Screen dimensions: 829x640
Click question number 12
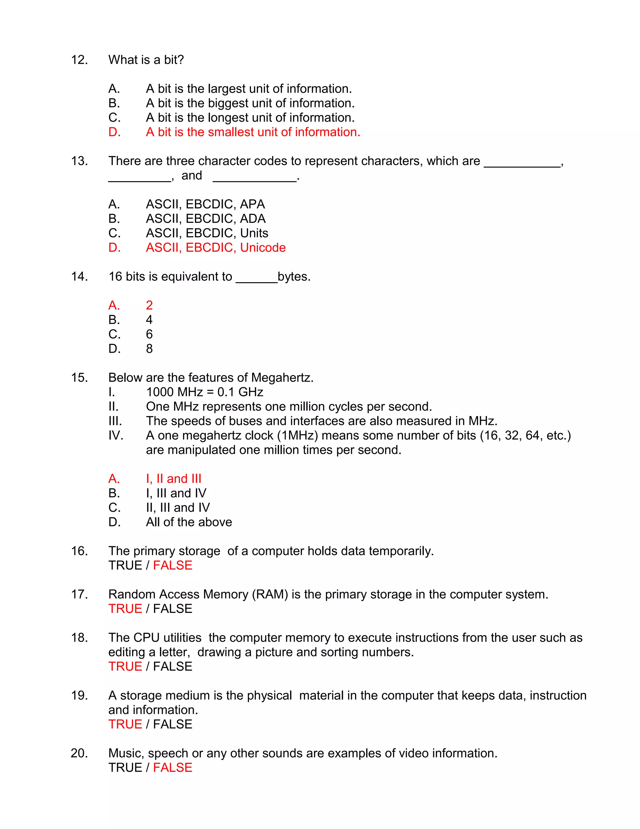coord(79,60)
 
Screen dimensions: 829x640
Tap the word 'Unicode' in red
coord(263,247)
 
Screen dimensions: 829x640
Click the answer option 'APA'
coord(252,204)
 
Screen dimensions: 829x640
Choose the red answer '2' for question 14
coord(149,305)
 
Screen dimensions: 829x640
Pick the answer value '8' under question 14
coord(149,348)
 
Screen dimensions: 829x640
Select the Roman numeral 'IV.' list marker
coord(116,435)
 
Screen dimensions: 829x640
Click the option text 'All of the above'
coord(189,522)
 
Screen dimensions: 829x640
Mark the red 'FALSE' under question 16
coord(172,566)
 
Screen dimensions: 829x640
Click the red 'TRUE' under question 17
coord(125,609)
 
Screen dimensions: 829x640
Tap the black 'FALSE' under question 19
coord(172,724)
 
